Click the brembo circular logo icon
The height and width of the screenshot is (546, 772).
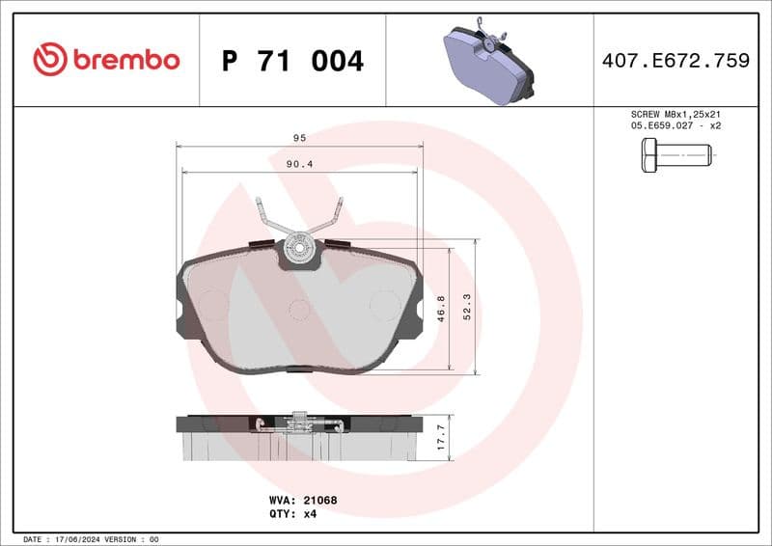pos(50,60)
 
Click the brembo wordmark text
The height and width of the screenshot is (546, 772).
pos(125,60)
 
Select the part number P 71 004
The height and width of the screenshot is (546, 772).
pos(292,61)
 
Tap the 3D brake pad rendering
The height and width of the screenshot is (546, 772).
pos(488,64)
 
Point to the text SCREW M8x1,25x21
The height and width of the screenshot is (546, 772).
pos(675,114)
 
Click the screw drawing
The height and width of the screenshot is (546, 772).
pos(675,154)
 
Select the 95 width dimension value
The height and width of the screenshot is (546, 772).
pos(299,138)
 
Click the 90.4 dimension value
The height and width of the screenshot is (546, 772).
pos(299,164)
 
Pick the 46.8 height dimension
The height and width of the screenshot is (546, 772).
pos(441,309)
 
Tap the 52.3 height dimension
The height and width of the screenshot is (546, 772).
pos(467,306)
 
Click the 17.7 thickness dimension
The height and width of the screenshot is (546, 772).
pos(441,437)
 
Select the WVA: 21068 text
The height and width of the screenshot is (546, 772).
pos(302,501)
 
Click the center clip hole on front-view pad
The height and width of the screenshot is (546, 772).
pos(300,249)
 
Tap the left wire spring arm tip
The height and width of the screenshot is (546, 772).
pos(260,202)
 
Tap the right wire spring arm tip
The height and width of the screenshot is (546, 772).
pos(339,202)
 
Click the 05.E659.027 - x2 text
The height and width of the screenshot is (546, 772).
pos(675,125)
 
